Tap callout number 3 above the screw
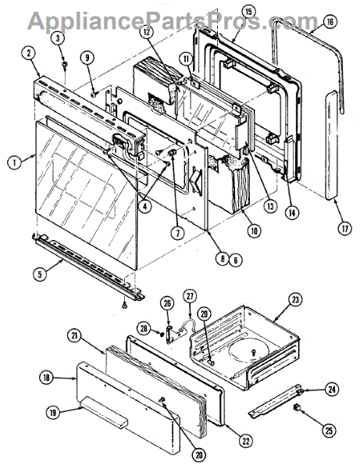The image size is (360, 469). pos(59,38)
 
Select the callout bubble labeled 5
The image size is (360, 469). pos(41,274)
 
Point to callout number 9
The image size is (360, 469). pos(87,59)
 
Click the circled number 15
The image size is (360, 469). pos(248,13)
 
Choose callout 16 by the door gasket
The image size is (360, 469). pos(330,22)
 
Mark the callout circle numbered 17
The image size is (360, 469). pos(344,228)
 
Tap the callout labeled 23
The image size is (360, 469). pos(295,300)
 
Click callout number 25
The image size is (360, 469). pos(329,431)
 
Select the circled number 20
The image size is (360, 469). pos(199,456)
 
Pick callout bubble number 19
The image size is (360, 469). pos(53,413)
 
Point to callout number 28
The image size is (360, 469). pos(144,328)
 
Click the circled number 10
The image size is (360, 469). pos(254,231)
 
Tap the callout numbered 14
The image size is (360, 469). pos(291,213)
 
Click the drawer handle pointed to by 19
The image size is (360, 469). pos(104,411)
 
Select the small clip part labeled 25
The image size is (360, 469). pos(298,406)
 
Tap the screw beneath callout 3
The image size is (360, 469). pos(64,64)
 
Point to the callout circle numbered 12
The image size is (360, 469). pos(148,32)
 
